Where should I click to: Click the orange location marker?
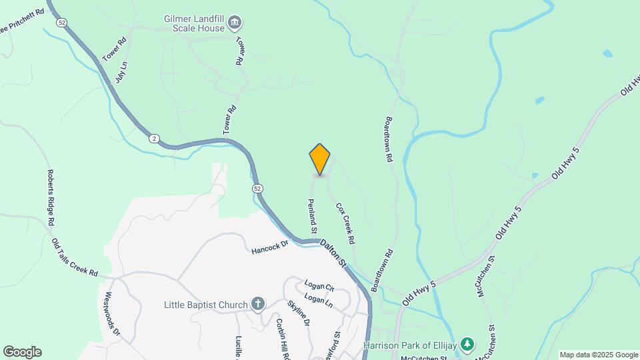pos(320,159)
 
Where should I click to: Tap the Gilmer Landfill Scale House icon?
pos(235,24)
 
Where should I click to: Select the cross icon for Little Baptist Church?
pos(258,305)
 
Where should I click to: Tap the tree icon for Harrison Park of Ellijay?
pos(469,344)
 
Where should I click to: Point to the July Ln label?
pos(121,72)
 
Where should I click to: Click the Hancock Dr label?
pos(269,247)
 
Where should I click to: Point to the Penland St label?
pos(311,215)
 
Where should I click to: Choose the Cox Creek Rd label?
pos(345,223)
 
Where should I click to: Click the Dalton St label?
pos(334,255)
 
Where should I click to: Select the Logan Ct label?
pos(319,286)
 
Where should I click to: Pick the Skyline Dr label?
pos(299,313)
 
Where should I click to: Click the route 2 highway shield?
pos(154,137)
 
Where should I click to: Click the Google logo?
pos(22,352)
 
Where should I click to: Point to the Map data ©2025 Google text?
pos(599,355)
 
